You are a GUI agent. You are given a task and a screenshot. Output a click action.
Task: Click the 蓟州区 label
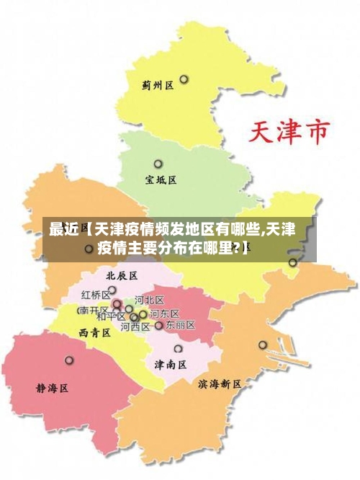tap(158, 85)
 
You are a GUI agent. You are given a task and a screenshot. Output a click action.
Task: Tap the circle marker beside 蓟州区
tap(184, 79)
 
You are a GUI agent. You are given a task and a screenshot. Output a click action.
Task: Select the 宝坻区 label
tap(161, 180)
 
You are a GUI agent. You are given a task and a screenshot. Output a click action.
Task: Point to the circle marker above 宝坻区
tap(158, 164)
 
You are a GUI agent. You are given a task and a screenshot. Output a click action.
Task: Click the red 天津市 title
tap(289, 133)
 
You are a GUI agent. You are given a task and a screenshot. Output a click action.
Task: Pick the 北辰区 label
tap(121, 275)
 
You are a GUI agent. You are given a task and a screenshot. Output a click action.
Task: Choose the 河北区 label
tap(150, 300)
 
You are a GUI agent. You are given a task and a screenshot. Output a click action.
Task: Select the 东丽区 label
tap(180, 325)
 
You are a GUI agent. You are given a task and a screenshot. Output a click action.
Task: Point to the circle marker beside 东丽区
tap(159, 325)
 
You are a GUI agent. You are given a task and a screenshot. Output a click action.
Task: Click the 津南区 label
tap(171, 365)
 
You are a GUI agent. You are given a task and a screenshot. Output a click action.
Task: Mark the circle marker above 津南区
tap(178, 349)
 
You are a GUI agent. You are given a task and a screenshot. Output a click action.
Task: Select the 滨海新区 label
tap(220, 384)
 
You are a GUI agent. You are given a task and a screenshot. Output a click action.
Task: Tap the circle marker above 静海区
tap(69, 360)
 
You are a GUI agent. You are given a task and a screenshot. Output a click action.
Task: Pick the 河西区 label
tap(135, 326)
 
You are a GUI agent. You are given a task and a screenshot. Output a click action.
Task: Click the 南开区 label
tap(93, 311)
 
